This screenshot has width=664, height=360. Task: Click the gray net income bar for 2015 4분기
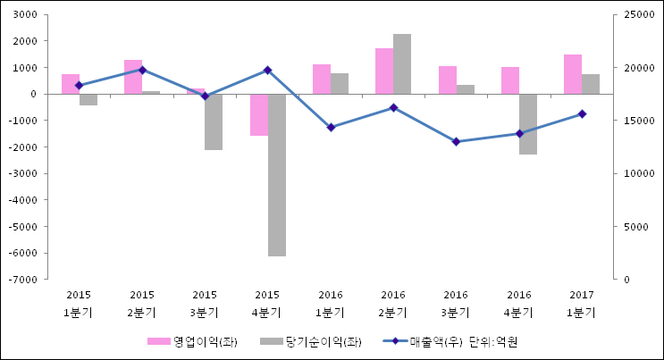click(276, 175)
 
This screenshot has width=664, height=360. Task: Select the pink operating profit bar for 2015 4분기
click(258, 114)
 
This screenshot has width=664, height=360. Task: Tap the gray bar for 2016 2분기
click(402, 63)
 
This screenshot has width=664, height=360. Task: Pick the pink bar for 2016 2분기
click(384, 71)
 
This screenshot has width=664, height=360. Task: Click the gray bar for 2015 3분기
click(214, 121)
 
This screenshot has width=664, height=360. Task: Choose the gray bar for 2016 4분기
click(528, 124)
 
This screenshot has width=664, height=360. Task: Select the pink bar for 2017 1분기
click(573, 74)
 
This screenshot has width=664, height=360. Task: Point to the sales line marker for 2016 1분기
click(331, 127)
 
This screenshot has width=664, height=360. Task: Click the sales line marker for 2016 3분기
click(456, 141)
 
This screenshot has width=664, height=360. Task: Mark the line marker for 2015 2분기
click(142, 70)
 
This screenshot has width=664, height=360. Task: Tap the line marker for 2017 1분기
click(582, 113)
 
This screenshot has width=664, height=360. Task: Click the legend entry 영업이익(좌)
click(193, 341)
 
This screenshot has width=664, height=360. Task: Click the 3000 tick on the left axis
click(24, 15)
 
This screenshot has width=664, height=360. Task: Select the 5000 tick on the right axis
click(630, 227)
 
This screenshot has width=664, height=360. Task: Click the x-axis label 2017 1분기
click(582, 304)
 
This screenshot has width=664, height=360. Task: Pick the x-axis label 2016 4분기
click(518, 304)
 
